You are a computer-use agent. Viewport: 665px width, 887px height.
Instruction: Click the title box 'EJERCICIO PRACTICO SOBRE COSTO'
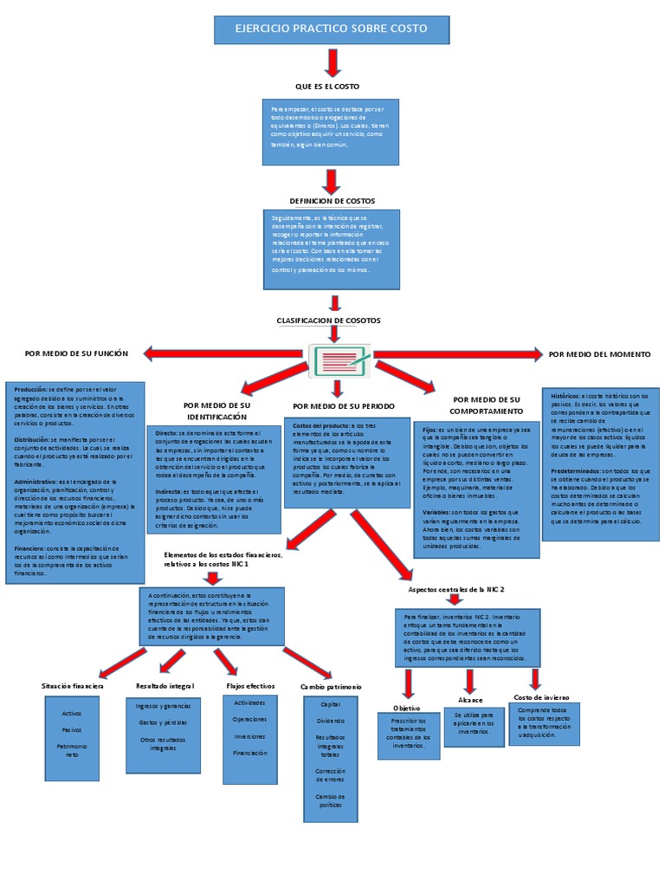point(332,29)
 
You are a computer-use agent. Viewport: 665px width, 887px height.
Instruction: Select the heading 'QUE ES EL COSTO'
point(327,87)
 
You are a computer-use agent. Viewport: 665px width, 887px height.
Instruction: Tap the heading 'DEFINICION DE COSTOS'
point(332,201)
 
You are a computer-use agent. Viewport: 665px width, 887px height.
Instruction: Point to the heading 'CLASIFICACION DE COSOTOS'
point(328,320)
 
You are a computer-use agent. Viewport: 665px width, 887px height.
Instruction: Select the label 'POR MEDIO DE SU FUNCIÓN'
point(77,353)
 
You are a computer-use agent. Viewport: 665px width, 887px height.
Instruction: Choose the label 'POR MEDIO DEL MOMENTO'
point(599,354)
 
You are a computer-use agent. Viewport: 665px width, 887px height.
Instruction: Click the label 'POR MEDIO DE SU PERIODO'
point(344,405)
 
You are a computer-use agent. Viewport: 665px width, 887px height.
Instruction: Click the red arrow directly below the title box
point(332,62)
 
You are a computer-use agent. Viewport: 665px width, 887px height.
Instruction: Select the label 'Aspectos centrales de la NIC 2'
point(456,589)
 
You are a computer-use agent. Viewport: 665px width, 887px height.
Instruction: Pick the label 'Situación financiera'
point(73,686)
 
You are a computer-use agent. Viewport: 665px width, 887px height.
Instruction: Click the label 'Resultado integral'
point(165,686)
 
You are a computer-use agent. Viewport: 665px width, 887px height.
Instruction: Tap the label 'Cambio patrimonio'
point(331,687)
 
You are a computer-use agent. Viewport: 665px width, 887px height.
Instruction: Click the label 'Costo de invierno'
point(541,696)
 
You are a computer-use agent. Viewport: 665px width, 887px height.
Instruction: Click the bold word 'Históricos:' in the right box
point(567,395)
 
